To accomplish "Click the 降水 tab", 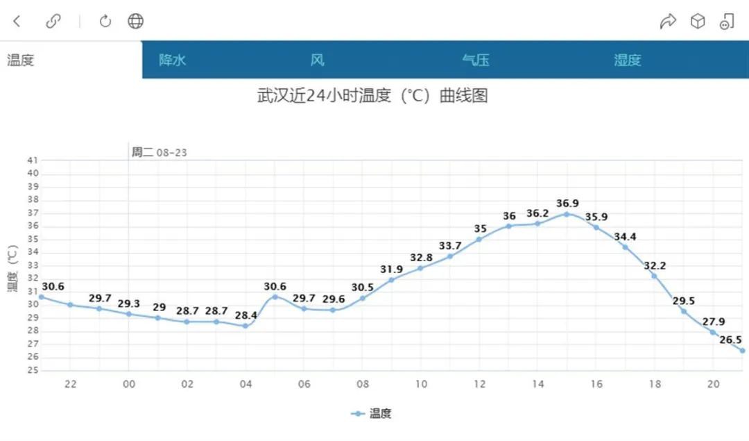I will coord(173,60).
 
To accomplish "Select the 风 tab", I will coord(317,60).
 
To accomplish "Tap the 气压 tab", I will coord(476,60).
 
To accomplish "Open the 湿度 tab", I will coord(627,60).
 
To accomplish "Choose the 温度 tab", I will coord(21,60).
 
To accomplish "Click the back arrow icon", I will coord(17,22).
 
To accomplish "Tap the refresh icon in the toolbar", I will coord(105,22).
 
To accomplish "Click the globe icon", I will coord(135,22).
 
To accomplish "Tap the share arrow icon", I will coord(667,22).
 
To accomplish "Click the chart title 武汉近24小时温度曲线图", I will coord(372,95).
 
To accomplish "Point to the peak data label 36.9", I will coord(567,203).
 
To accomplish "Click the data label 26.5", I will coord(730,340).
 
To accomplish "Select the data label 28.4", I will coord(246,315).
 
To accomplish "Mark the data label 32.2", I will coord(654,265).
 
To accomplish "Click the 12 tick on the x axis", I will coord(479,384).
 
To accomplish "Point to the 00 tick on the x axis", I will coord(128,384).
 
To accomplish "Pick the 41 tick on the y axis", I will coord(33,160).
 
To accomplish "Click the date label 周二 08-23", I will coord(160,152).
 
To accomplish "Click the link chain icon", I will coord(53,22).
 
